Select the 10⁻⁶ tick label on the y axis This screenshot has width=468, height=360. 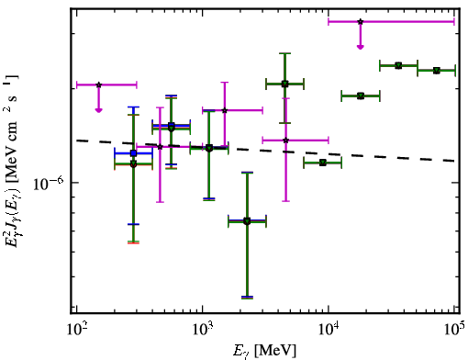click(x=49, y=183)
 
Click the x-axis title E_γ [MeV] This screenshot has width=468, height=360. click(x=264, y=351)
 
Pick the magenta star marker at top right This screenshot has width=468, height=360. click(x=361, y=22)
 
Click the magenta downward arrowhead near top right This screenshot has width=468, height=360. click(x=361, y=47)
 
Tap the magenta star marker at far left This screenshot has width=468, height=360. click(x=98, y=84)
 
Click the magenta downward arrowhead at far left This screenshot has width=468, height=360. click(x=98, y=110)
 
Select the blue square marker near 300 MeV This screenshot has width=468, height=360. click(x=133, y=153)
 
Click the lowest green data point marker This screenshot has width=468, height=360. click(x=247, y=221)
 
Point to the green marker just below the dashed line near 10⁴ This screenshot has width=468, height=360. click(x=323, y=163)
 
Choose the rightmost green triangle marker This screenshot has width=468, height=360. click(x=437, y=71)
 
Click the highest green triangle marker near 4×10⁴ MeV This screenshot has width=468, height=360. click(x=398, y=65)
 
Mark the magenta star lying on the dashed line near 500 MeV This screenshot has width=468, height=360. click(x=160, y=147)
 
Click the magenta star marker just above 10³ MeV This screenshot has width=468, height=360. click(x=225, y=110)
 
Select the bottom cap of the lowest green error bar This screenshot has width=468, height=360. click(x=247, y=298)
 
